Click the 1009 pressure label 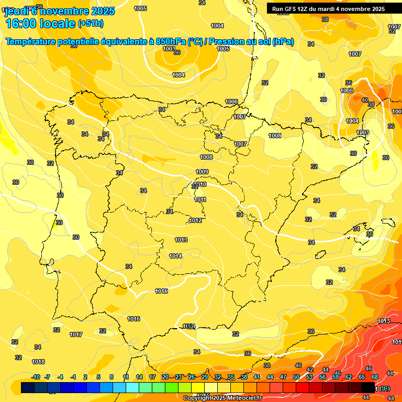202,172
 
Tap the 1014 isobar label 175,256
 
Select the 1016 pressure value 133,319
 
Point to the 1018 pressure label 38,362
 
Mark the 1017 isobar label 76,334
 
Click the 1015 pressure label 161,291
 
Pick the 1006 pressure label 231,102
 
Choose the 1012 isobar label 195,220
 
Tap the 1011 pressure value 200,199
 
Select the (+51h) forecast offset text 91,23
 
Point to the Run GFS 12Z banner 328,9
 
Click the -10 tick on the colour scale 36,377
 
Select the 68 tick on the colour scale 375,377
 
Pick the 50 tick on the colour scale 296,377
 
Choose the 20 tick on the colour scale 165,377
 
